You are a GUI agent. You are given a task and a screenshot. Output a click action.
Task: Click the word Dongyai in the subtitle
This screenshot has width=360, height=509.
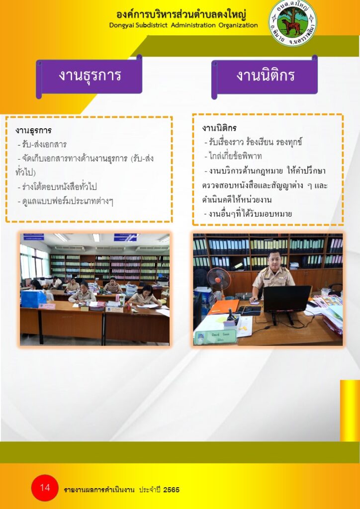tap(122, 25)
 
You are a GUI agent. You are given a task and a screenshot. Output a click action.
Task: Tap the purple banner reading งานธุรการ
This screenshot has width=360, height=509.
tap(90, 77)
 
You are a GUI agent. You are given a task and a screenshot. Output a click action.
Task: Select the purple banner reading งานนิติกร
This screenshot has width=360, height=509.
tap(265, 77)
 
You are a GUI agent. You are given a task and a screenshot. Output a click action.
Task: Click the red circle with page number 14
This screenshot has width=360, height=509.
tap(45, 488)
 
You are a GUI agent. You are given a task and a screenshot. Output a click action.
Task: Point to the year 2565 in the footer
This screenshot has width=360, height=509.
tap(171, 490)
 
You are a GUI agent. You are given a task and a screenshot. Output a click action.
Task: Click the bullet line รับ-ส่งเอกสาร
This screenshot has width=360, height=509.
tap(42, 145)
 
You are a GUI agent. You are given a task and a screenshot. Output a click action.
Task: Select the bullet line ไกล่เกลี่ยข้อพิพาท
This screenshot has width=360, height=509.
tap(233, 157)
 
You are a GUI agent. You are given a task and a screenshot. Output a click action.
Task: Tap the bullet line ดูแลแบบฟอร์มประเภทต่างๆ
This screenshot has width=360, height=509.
tap(65, 202)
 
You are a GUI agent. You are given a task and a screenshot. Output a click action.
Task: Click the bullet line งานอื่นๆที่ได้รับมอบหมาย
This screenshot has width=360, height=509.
tap(248, 214)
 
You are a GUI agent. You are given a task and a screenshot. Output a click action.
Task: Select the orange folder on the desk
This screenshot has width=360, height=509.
tap(224, 306)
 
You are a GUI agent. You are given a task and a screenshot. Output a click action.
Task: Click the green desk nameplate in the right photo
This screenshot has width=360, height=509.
tap(215, 337)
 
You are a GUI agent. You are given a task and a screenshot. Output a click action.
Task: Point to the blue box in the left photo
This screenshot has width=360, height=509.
tap(33, 299)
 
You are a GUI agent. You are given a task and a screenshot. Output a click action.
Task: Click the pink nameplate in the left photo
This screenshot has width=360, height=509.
tap(47, 306)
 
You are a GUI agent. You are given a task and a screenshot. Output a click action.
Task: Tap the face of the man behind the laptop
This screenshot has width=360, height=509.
tap(273, 259)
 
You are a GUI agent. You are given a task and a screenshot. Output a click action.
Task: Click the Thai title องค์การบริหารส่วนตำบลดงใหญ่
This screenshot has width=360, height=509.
tap(181, 14)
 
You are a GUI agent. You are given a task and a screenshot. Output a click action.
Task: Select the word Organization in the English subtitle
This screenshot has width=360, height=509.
tap(238, 25)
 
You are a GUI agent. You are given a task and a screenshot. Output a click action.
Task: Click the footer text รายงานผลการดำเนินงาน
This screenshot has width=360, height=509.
tap(99, 490)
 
